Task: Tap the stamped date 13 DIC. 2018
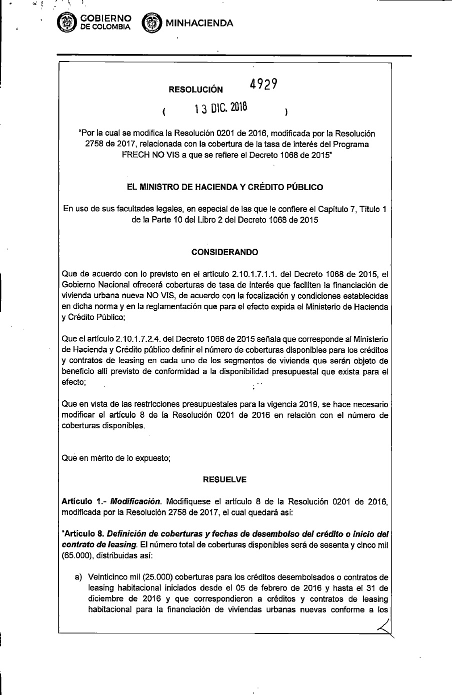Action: (x=221, y=109)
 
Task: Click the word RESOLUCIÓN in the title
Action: (x=195, y=90)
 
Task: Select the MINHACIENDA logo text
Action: (x=199, y=23)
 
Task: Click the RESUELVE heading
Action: (x=224, y=479)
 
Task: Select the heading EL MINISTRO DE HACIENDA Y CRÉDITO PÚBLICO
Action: (x=225, y=187)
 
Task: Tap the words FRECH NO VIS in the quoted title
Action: (x=145, y=155)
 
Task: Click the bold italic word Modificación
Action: (x=136, y=501)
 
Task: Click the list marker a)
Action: (x=78, y=577)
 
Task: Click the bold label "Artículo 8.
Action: (x=81, y=533)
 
